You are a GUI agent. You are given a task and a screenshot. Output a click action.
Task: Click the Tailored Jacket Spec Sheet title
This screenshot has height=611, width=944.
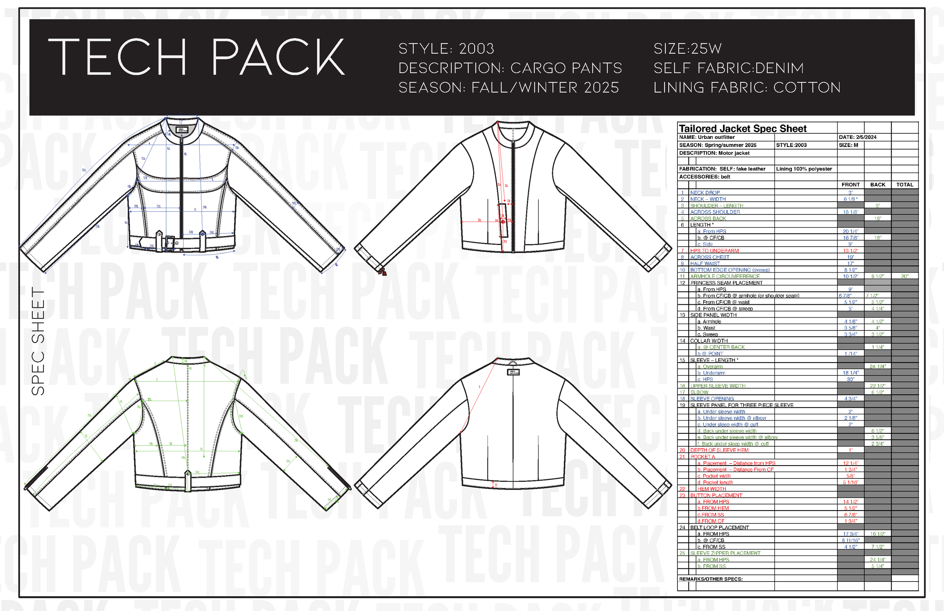click(x=742, y=128)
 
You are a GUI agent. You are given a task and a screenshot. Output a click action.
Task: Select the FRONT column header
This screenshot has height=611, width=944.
click(x=850, y=185)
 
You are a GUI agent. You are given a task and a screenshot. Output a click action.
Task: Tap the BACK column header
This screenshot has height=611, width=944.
click(x=878, y=185)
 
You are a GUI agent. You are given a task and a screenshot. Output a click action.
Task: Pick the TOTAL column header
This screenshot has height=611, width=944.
click(x=904, y=185)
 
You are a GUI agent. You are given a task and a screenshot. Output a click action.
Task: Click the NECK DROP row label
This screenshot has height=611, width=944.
click(x=705, y=193)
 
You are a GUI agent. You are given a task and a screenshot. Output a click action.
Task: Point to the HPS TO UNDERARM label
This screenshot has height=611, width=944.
click(x=714, y=251)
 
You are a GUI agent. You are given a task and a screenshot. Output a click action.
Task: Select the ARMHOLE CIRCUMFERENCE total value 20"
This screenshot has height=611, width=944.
click(x=904, y=276)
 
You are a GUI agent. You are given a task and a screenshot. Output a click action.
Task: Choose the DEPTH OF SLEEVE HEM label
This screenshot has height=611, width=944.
click(x=719, y=450)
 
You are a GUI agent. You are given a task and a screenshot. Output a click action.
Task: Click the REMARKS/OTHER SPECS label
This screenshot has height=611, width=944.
click(x=711, y=579)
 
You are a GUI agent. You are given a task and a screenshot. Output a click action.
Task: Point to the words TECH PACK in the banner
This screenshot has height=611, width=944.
click(x=196, y=57)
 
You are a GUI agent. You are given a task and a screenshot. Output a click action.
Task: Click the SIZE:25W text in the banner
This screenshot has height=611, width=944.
click(x=687, y=49)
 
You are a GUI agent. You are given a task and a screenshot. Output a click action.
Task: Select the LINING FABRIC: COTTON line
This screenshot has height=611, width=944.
click(x=747, y=88)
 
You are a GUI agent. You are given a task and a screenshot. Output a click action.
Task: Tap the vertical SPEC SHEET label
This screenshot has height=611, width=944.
click(x=38, y=341)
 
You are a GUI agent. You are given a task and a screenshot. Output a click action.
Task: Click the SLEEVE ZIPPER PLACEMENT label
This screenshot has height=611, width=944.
click(x=725, y=553)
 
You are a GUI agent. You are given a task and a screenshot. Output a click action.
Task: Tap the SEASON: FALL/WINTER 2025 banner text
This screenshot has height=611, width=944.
click(x=509, y=88)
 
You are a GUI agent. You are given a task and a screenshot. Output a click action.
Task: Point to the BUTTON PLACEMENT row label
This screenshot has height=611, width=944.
click(x=716, y=495)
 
